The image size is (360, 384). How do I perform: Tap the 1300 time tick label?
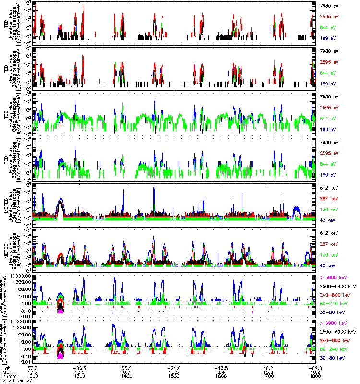pyautogui.click(x=80, y=376)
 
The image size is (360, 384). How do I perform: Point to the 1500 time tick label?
pyautogui.click(x=174, y=376)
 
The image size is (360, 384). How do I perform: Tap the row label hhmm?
pyautogui.click(x=8, y=376)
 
